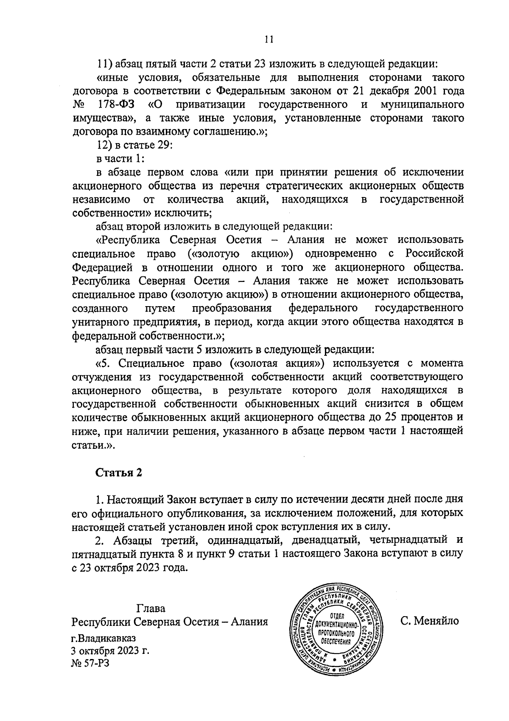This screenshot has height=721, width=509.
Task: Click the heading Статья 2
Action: pos(118,473)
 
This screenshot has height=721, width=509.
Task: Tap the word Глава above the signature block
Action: pos(151,608)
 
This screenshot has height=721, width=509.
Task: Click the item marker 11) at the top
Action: pos(104,64)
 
